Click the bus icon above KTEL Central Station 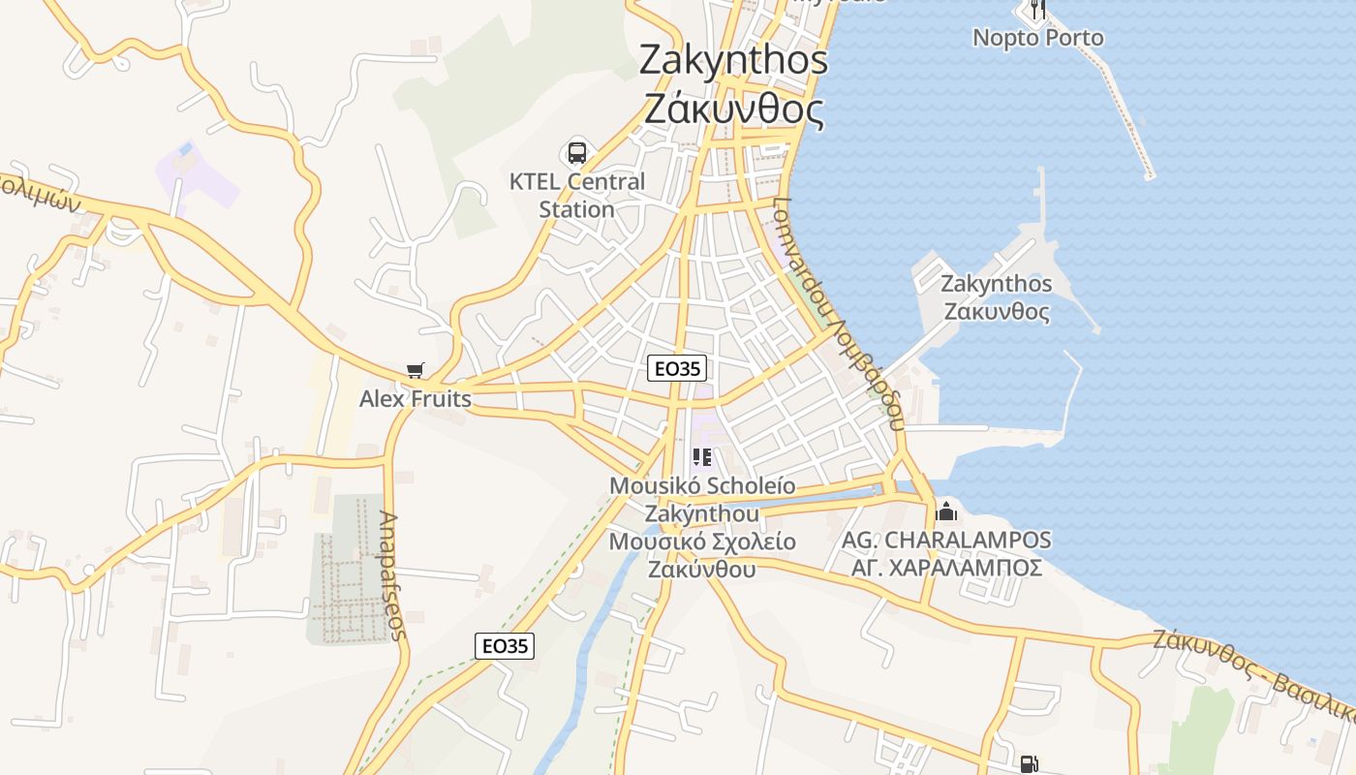point(577,152)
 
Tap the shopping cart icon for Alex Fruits point(416,370)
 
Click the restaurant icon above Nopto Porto point(1037,10)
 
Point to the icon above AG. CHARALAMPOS point(946,511)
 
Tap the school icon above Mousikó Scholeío point(702,457)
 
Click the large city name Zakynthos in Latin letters point(733,60)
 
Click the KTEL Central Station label point(577,195)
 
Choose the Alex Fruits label point(416,398)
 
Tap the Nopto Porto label point(1037,38)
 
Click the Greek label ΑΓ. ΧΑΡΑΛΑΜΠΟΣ point(946,567)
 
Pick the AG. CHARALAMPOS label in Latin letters point(946,540)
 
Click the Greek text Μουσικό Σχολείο point(702,542)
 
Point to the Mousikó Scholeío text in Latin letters point(702,485)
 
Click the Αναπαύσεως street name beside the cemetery point(391,575)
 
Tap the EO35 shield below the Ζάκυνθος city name point(677,368)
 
